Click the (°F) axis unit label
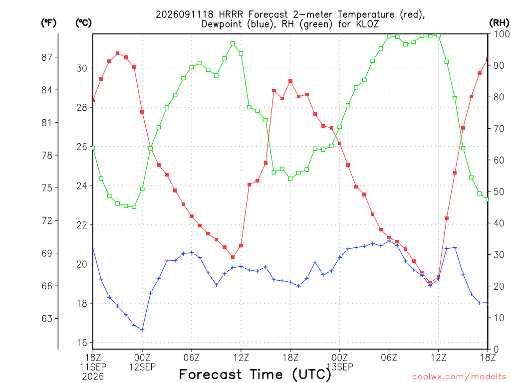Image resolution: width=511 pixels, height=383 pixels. coord(48,23)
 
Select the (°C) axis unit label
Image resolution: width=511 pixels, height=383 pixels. coord(83,23)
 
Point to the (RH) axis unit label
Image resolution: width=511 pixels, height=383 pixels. coord(499,23)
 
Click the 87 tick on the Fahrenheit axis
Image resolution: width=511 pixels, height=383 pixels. coord(47,57)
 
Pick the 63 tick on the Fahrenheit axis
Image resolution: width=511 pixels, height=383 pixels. coord(47,319)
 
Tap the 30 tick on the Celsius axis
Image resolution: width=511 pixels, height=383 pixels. coord(82,68)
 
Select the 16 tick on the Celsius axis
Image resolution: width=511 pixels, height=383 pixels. coord(82,343)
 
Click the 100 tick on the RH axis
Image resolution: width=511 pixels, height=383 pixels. coord(502,34)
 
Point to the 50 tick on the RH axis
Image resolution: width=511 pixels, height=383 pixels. coord(499,192)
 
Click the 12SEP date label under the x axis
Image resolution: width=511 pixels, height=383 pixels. coord(142,367)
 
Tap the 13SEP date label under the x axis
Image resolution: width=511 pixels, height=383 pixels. coord(340,367)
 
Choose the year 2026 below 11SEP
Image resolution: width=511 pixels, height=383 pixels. coord(93,377)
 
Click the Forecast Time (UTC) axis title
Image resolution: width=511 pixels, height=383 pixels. coord(255,375)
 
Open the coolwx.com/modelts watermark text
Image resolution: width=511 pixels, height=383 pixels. coord(459,377)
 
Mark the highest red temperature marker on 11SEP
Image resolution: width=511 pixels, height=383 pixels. coord(118,53)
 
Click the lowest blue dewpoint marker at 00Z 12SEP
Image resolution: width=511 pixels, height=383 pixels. coord(142,330)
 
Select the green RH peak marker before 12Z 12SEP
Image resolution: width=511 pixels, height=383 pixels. coord(233,43)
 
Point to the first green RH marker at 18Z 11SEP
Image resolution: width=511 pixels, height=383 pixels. coord(93,148)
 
